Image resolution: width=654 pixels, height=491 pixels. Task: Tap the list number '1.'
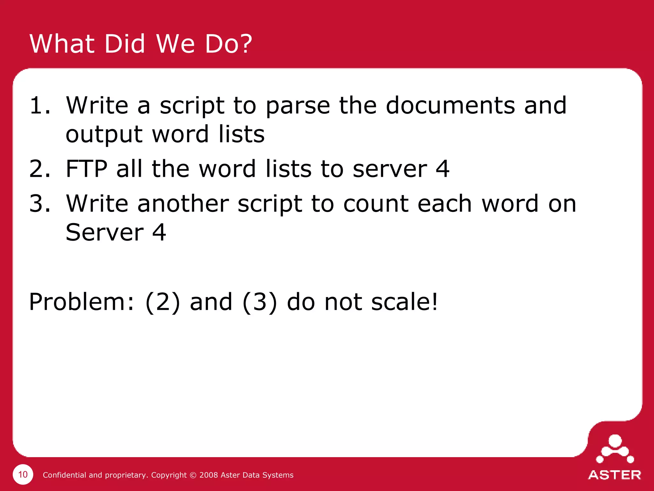(x=40, y=105)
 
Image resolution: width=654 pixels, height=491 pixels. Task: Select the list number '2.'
(x=40, y=169)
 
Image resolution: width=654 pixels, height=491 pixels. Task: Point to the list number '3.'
(x=40, y=204)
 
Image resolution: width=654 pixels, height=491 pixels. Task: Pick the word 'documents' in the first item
(x=450, y=105)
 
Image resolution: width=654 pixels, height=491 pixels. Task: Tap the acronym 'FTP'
(x=86, y=169)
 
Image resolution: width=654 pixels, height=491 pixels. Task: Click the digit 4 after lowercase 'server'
(x=443, y=169)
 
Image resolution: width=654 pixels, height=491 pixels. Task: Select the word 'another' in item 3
(x=183, y=204)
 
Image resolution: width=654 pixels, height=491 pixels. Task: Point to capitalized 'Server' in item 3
(x=105, y=232)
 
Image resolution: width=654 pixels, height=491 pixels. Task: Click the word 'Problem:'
(x=82, y=302)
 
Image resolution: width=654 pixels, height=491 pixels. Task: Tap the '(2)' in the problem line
(x=163, y=302)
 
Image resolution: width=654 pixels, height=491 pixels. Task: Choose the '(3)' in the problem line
(x=260, y=302)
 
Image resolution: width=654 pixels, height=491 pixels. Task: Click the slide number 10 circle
(x=23, y=474)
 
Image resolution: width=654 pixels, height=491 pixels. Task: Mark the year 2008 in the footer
(x=209, y=475)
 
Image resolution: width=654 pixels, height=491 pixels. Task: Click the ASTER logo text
(x=614, y=475)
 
